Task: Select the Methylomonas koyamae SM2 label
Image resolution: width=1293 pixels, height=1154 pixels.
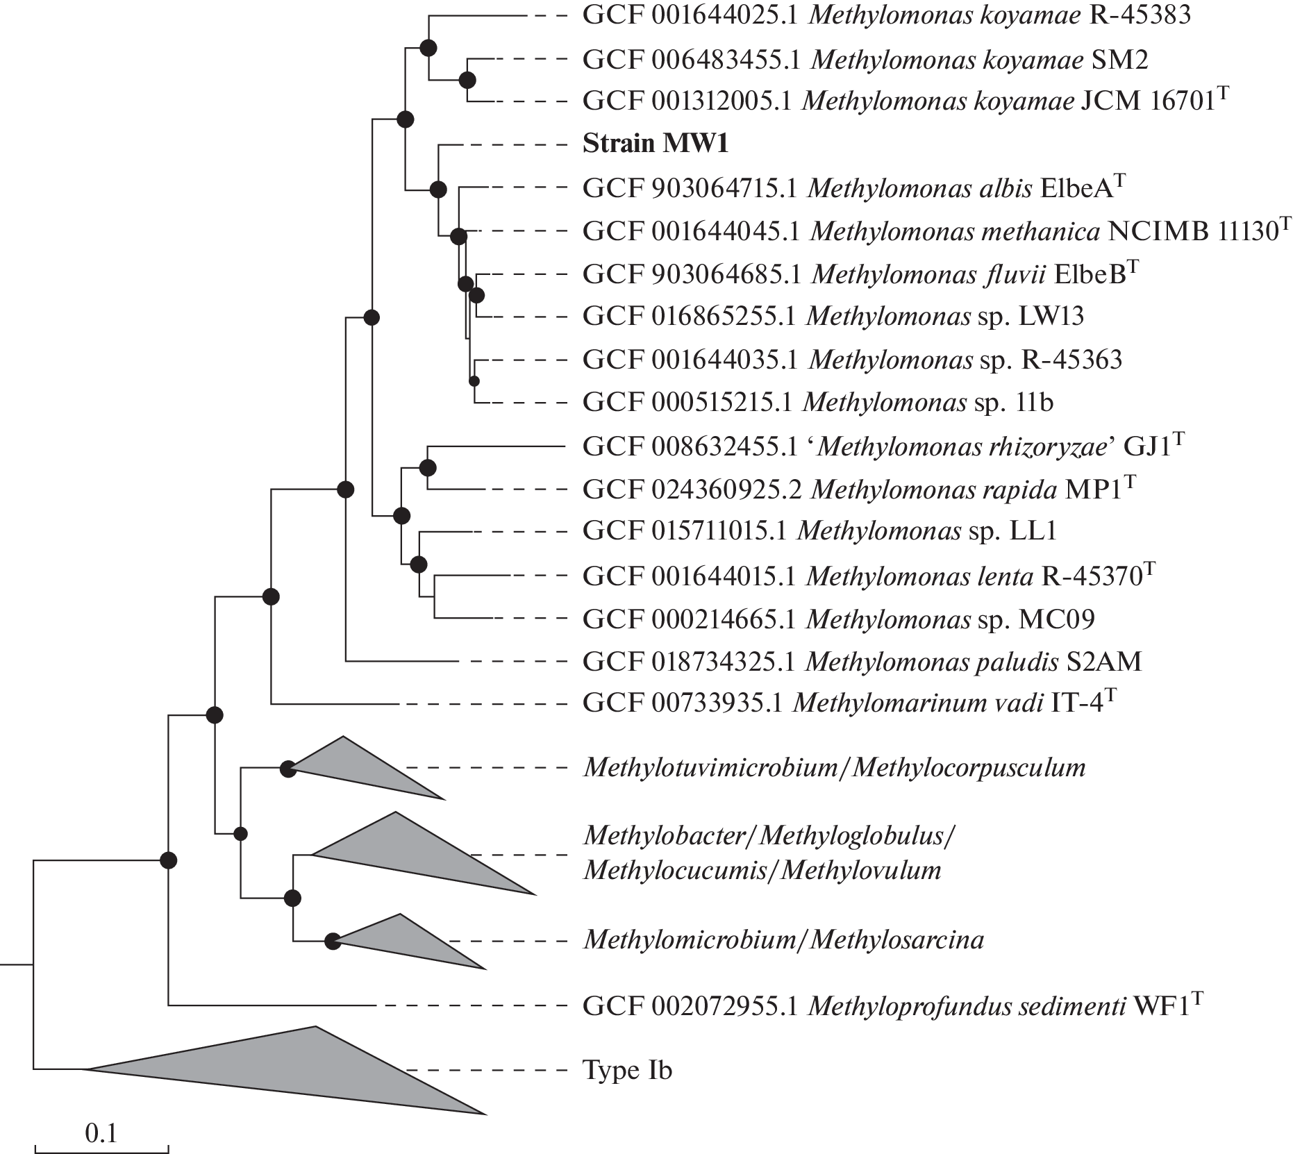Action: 865,60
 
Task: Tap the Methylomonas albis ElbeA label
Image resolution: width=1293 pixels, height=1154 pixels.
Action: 853,188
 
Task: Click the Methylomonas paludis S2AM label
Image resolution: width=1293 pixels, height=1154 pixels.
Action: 862,662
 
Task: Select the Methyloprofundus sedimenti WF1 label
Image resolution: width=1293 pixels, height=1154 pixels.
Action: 892,1005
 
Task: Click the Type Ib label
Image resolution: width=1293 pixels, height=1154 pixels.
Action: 627,1070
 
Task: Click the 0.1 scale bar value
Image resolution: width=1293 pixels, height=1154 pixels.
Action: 101,1134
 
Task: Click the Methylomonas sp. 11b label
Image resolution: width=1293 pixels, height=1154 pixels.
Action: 817,402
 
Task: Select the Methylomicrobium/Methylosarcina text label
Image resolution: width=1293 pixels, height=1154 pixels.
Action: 783,940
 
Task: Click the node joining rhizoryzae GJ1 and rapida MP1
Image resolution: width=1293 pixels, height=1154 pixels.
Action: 427,468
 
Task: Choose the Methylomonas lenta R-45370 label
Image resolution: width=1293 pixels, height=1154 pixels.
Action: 869,576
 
